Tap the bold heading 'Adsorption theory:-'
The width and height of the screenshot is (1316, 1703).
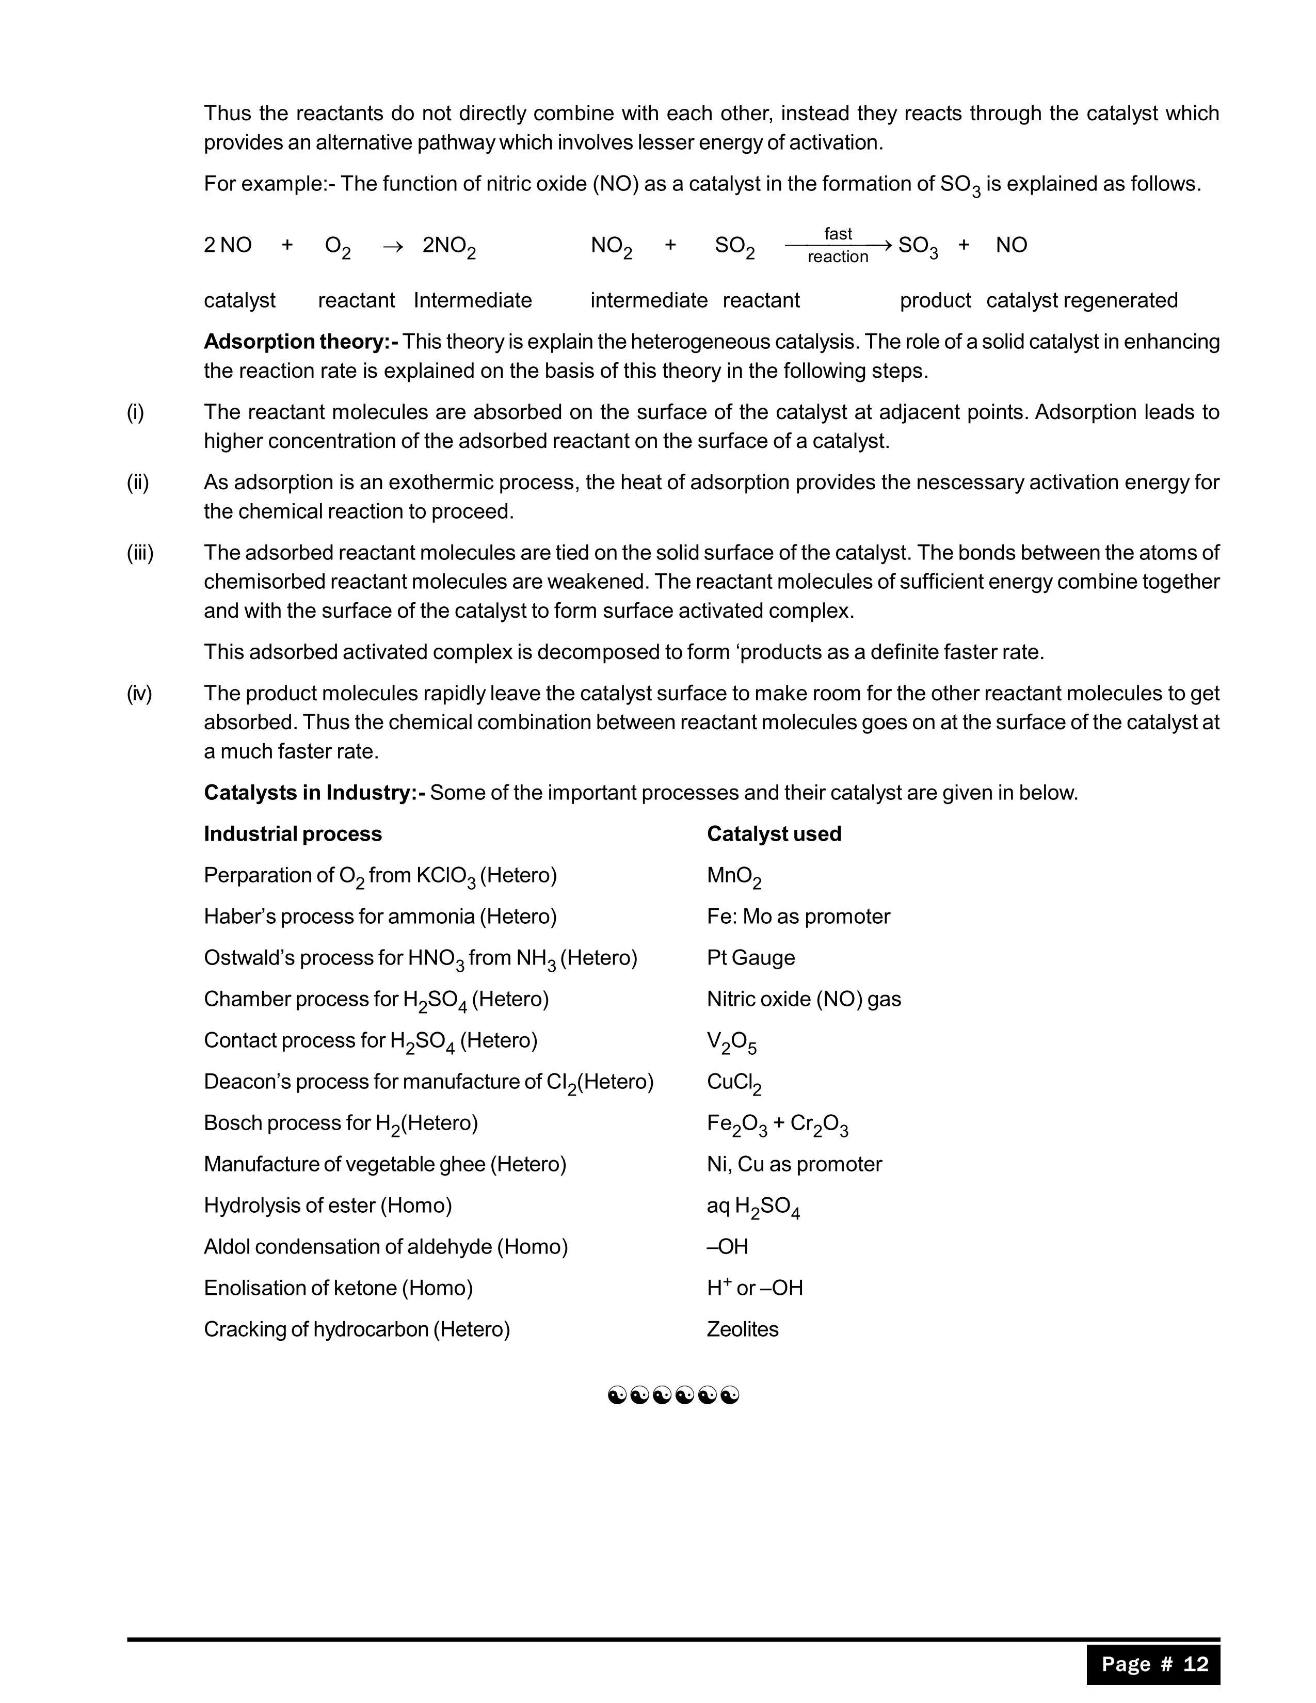pos(301,342)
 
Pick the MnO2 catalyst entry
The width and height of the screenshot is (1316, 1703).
pos(734,876)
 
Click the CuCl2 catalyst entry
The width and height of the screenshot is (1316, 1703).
pos(734,1083)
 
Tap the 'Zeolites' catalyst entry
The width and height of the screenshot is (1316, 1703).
pos(742,1329)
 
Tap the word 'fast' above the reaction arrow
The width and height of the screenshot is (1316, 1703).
pos(838,233)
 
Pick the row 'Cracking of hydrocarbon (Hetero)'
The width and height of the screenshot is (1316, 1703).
pos(356,1329)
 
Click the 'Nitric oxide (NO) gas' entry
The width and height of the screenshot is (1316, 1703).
pos(803,999)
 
